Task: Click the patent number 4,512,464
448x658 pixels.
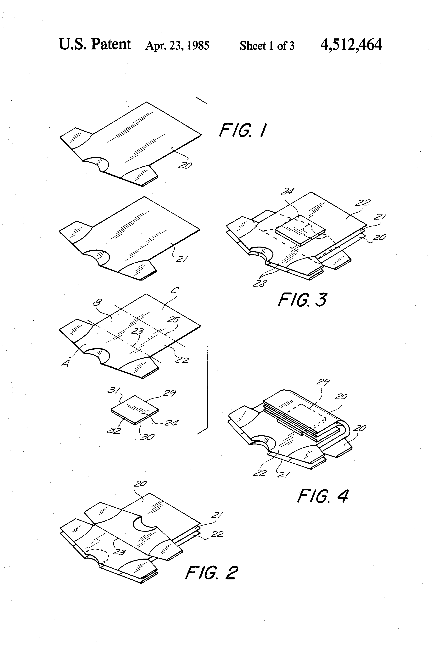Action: pos(351,45)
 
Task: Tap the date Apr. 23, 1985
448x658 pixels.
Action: pos(177,46)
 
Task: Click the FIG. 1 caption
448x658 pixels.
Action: pos(243,130)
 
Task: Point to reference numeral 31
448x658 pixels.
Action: pos(114,390)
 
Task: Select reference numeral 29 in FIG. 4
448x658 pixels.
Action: pos(323,382)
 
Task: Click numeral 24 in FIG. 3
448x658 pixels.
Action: pos(287,192)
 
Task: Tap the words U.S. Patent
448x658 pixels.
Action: pos(95,44)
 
